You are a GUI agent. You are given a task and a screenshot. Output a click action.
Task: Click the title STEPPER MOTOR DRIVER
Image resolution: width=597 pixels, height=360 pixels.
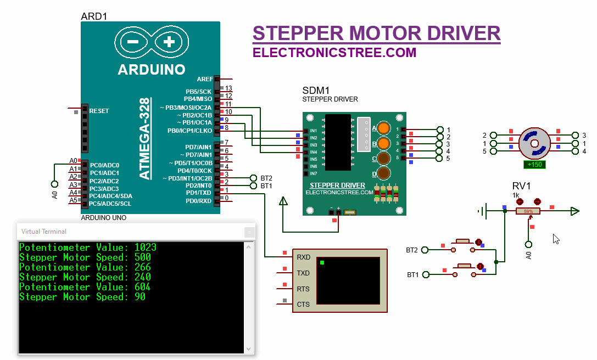click(x=376, y=33)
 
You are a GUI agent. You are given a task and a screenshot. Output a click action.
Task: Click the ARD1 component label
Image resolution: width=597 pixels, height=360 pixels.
click(x=94, y=16)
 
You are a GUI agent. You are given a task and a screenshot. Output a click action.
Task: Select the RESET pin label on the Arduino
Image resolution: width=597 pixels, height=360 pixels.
click(x=99, y=111)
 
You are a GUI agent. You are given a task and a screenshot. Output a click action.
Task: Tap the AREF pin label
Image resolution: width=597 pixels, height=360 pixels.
click(x=204, y=80)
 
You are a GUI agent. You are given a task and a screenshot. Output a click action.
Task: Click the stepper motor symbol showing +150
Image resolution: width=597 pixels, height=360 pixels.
click(x=534, y=144)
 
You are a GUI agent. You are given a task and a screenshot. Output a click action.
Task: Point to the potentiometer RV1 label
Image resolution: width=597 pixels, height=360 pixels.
click(x=521, y=186)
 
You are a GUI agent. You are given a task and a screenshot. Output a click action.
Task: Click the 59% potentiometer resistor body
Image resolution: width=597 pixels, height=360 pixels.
click(x=528, y=211)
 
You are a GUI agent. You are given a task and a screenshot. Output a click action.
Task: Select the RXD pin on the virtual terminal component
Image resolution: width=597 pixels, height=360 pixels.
click(x=303, y=257)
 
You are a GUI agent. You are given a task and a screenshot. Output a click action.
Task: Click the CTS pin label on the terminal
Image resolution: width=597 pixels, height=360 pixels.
click(x=303, y=304)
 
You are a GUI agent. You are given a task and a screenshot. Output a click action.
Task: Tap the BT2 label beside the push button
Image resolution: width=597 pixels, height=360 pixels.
click(x=412, y=250)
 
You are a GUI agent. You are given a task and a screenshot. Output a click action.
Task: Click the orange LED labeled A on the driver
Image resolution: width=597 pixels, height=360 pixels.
click(x=384, y=128)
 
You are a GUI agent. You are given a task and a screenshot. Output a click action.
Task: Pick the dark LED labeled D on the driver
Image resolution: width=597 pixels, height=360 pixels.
click(x=384, y=174)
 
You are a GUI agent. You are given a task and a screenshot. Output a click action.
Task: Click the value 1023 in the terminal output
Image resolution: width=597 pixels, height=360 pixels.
click(x=145, y=248)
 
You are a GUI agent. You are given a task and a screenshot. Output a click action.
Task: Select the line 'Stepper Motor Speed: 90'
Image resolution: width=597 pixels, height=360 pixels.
click(x=82, y=297)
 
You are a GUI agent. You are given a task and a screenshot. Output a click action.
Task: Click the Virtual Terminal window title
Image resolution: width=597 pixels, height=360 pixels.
click(x=44, y=232)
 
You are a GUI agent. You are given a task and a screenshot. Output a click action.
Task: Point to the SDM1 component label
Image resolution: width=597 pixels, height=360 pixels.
click(x=316, y=91)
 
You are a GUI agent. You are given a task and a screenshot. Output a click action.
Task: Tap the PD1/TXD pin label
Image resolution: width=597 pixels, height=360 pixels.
click(x=198, y=193)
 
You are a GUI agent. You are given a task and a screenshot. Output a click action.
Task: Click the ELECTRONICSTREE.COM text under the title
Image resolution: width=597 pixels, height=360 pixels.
click(x=334, y=53)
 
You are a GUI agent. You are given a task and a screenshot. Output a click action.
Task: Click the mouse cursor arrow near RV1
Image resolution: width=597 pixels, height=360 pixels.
click(x=556, y=239)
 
